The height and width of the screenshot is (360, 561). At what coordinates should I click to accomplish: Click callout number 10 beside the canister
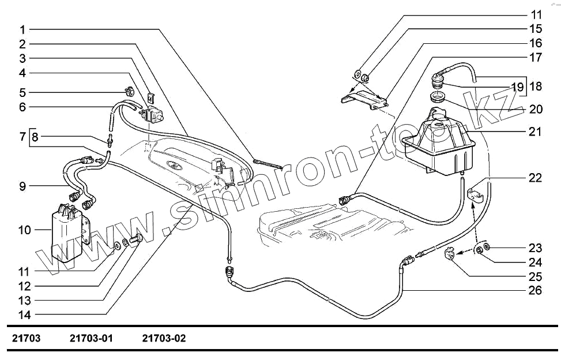coord(24,230)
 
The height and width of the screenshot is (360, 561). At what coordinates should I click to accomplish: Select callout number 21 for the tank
coord(536,132)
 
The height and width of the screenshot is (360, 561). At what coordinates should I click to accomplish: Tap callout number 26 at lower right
coord(536,290)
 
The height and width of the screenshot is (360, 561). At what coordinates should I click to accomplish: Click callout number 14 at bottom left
coord(24,315)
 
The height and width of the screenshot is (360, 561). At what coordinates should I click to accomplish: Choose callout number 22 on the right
coord(536,178)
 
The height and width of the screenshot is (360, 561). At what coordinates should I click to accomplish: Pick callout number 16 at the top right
coord(536,43)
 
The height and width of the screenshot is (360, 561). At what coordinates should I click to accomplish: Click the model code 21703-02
coord(164,339)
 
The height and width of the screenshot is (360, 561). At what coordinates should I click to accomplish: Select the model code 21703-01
coord(91,339)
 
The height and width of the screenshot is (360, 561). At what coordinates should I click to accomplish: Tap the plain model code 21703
coord(27,339)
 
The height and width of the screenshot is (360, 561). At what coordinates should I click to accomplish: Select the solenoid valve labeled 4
coord(153,113)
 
